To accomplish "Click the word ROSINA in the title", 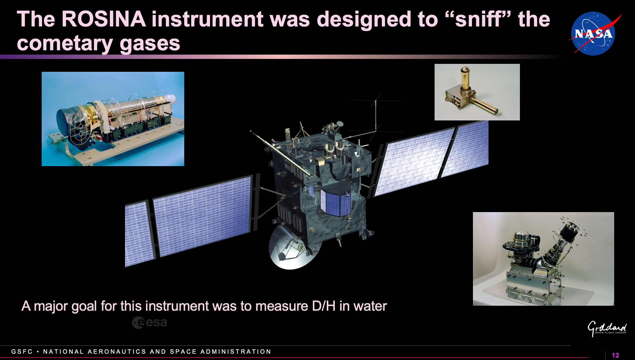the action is [104, 19].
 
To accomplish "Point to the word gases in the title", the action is [150, 44].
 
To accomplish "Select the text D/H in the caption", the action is [324, 306].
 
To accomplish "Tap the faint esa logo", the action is [149, 323].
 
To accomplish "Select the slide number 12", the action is [615, 355].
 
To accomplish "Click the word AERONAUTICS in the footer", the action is [117, 351].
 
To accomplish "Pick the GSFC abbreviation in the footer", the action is [22, 351].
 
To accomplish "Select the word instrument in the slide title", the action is [207, 19].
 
